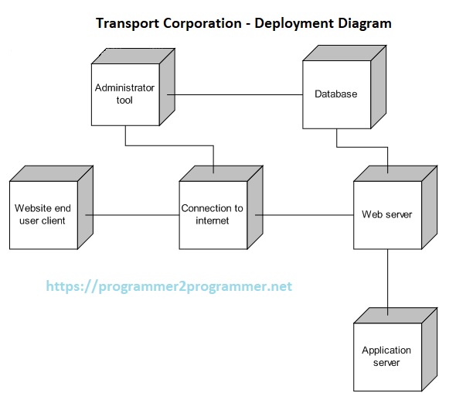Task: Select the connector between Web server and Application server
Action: [387, 279]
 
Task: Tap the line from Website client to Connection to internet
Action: [128, 215]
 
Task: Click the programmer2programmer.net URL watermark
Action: [169, 286]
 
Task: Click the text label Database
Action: [336, 94]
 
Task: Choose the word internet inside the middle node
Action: [213, 220]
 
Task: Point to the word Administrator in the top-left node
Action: [124, 88]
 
